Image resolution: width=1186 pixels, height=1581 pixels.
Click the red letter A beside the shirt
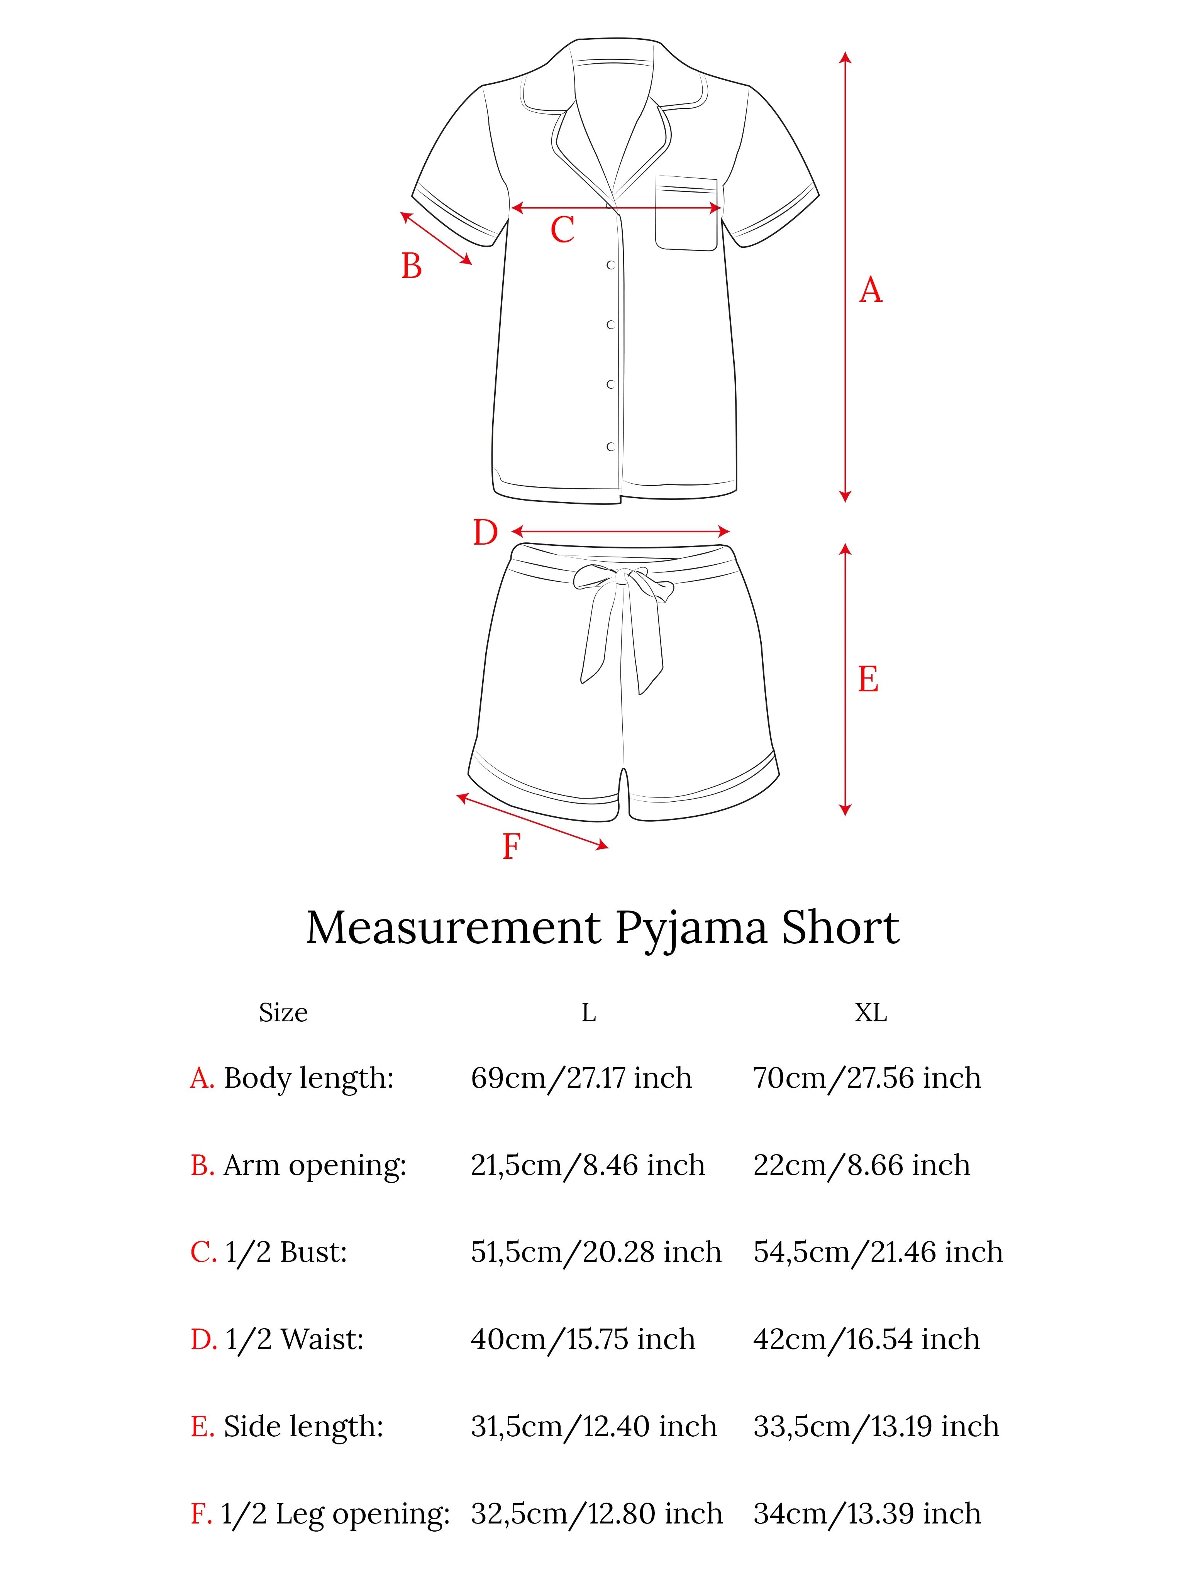pos(870,290)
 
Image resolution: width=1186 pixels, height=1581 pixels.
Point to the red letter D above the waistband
pos(485,533)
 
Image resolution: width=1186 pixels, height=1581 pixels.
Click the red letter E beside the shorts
pos(868,679)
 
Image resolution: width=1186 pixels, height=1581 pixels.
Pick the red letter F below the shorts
pos(510,847)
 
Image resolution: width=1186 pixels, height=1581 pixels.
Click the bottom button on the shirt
pos(610,447)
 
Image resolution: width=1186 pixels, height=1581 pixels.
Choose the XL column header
pos(871,1013)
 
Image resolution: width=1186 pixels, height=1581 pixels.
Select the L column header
pos(588,1013)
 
